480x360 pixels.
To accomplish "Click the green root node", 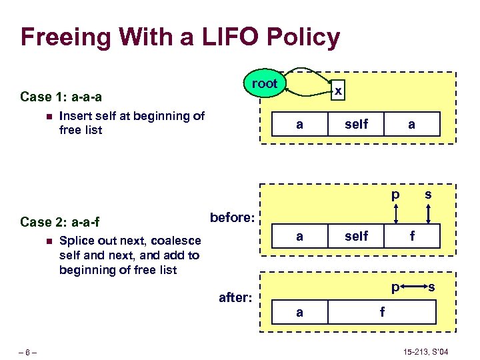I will point(265,84).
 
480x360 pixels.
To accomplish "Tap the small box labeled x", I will point(339,90).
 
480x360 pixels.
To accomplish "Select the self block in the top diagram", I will point(357,124).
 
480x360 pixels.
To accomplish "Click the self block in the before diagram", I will point(357,236).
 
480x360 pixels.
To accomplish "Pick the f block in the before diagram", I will point(412,236).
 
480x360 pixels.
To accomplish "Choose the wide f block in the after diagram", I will point(382,311).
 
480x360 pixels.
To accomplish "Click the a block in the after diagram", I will point(299,311).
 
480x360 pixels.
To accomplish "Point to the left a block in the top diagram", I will point(299,124).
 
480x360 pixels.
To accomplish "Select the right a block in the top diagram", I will point(412,124).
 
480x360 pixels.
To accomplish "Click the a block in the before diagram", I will point(299,236).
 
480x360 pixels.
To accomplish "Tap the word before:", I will point(232,217).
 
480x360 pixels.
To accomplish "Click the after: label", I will point(235,297).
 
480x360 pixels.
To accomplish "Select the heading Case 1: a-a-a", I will point(61,97).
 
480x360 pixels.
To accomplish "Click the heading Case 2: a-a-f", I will point(60,222).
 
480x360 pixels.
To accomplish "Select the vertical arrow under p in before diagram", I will point(396,213).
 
